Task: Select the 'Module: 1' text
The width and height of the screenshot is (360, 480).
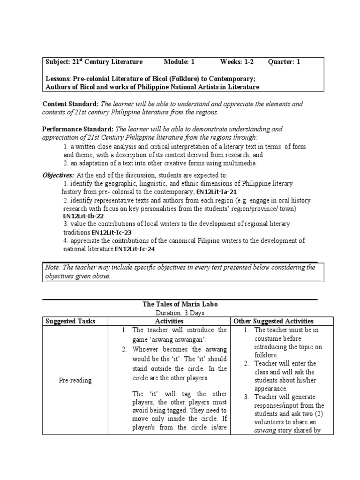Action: [179, 62]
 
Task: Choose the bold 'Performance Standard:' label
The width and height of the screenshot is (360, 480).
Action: [78, 129]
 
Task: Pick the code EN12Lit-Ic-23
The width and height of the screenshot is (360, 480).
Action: [112, 232]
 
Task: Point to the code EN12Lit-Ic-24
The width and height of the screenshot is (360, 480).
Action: [135, 249]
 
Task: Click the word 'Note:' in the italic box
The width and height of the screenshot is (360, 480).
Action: [52, 267]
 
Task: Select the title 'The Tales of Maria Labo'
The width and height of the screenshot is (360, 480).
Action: [180, 304]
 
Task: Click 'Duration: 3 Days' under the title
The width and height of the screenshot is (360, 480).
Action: [180, 313]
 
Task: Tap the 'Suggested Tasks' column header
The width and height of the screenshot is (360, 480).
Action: [70, 321]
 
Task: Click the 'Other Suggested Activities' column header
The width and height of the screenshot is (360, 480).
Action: [280, 321]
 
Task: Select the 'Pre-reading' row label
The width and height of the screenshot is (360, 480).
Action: [75, 381]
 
